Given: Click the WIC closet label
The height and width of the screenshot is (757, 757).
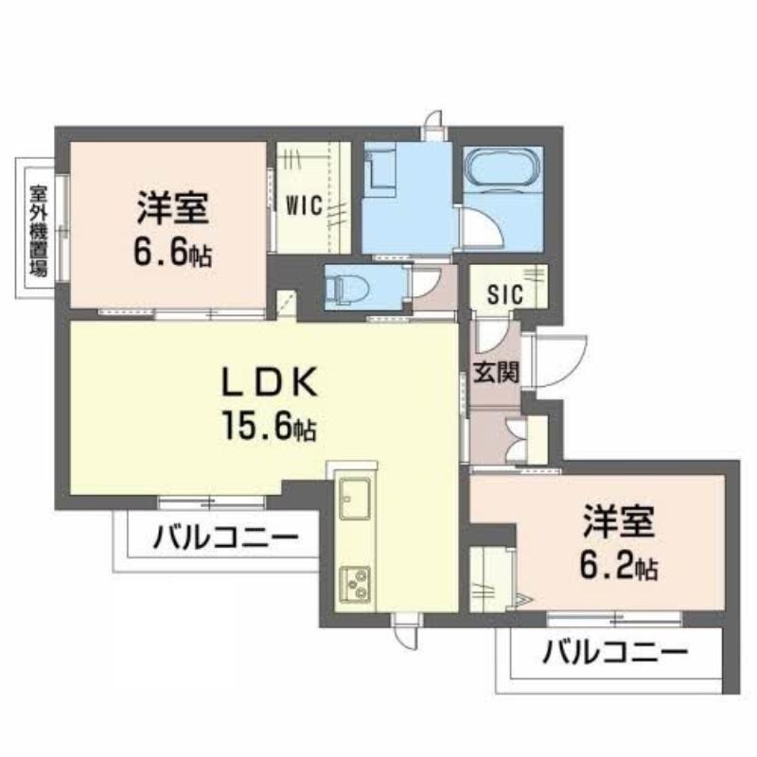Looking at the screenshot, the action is coord(304,206).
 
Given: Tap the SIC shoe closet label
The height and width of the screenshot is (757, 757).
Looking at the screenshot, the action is coord(505,294).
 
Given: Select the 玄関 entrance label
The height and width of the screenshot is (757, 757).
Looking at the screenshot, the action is coord(496,372).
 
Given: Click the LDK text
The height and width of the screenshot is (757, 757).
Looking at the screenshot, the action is coord(270,381).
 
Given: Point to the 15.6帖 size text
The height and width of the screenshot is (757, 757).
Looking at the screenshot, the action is coord(269,425).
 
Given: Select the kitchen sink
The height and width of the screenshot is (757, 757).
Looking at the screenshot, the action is coord(356,499).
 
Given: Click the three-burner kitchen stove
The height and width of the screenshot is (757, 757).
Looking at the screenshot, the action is coord(355,584).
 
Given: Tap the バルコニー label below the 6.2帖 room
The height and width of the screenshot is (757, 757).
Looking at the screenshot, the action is coord(615,653).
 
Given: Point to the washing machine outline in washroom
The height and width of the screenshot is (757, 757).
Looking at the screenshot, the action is coord(379,167).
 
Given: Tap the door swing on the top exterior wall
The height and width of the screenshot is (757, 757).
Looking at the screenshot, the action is coord(434,120).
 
